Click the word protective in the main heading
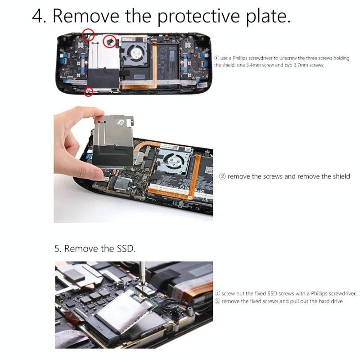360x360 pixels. coord(198,17)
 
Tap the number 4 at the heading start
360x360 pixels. coord(37,16)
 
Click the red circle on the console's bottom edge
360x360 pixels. coord(88,91)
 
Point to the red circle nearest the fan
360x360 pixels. coord(109,41)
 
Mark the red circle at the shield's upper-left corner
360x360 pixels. coord(88,35)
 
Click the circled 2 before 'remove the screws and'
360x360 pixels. coord(222,176)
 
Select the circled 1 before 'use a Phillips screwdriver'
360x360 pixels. coord(216,58)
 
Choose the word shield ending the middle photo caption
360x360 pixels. coord(342,176)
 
